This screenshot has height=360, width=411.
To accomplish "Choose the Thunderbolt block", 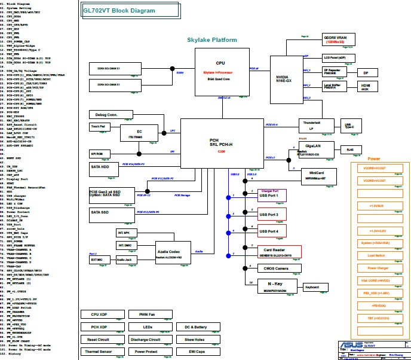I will coord(312,126).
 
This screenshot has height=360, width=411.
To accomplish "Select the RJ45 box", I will coord(351,150).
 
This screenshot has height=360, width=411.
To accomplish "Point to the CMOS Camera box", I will coord(274,269).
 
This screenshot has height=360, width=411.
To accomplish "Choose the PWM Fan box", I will coord(148,314).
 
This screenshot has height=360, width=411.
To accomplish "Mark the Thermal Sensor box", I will coord(99,352).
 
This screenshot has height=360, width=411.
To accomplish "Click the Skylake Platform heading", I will coord(212,40).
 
